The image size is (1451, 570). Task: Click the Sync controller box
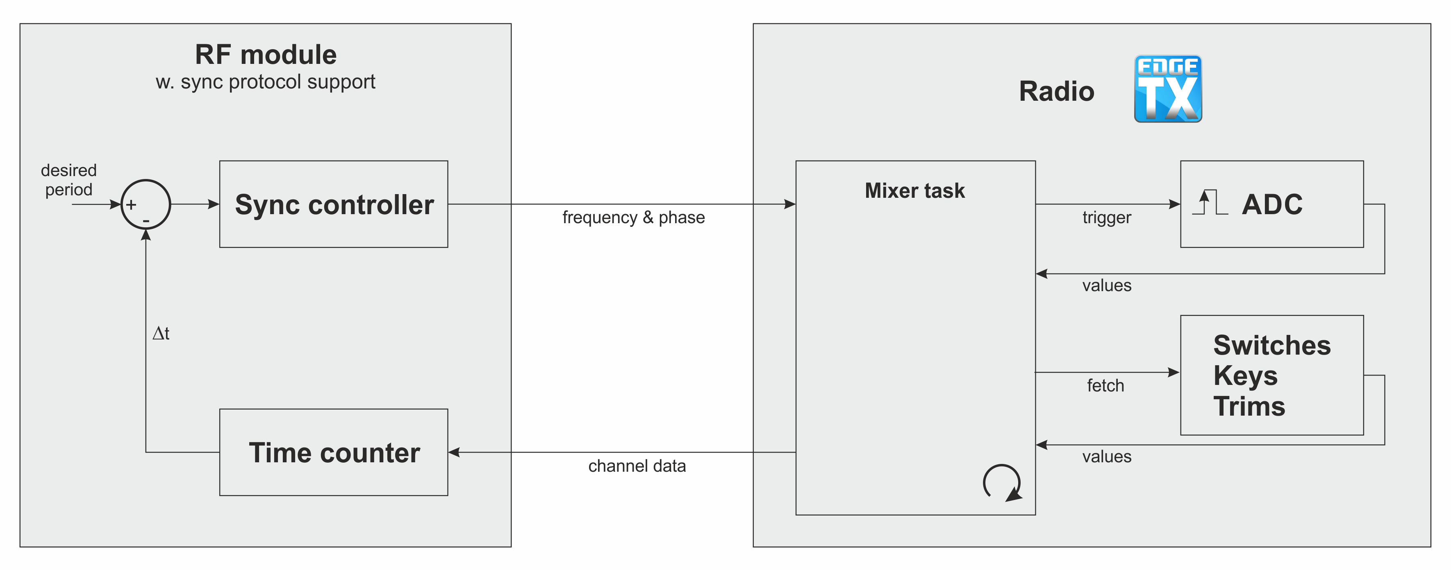point(334,204)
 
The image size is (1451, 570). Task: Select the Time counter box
point(334,452)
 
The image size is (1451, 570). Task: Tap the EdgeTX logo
point(1168,89)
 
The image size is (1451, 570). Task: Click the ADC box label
point(1272,204)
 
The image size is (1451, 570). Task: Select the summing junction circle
point(146,204)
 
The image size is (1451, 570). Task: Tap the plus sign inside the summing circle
point(131,205)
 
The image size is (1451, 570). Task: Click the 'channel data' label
point(637,466)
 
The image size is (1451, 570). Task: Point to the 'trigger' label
point(1106,218)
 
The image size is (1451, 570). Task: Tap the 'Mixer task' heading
point(915,191)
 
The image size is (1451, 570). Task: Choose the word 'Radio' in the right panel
point(1056,91)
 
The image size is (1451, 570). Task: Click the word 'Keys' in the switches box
point(1245,376)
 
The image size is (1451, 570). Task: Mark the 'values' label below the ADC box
point(1106,286)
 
